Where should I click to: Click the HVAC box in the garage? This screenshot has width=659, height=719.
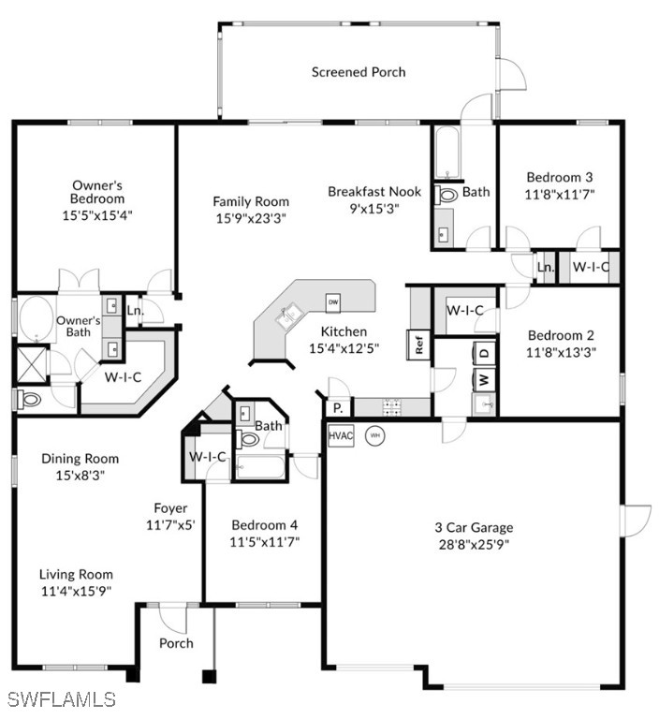click(x=341, y=435)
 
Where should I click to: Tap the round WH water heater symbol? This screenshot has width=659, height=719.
click(x=375, y=435)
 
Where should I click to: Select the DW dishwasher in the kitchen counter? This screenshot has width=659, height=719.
click(x=333, y=302)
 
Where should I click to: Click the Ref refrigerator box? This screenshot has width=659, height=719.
click(x=418, y=345)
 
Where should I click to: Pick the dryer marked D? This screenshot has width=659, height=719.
click(x=484, y=354)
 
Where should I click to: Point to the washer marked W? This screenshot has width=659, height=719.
click(x=484, y=380)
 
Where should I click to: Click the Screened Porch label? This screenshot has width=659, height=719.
click(x=359, y=72)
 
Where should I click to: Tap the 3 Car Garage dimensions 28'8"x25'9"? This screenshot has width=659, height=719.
click(x=475, y=545)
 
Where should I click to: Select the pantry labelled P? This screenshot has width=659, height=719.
click(x=339, y=407)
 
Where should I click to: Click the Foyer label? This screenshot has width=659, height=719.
click(x=170, y=508)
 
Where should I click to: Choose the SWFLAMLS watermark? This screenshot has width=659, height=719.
click(x=61, y=699)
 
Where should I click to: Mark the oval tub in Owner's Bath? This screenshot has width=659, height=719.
click(x=37, y=318)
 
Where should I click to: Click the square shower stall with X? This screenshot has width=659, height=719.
click(x=32, y=364)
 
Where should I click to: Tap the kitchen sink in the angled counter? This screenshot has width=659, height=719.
click(x=289, y=315)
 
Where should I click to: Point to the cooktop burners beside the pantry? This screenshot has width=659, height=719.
click(x=392, y=407)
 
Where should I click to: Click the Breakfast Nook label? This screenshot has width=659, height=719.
click(x=374, y=192)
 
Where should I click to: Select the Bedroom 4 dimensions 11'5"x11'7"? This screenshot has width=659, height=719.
click(x=265, y=542)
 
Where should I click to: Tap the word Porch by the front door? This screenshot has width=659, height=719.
click(x=176, y=643)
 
